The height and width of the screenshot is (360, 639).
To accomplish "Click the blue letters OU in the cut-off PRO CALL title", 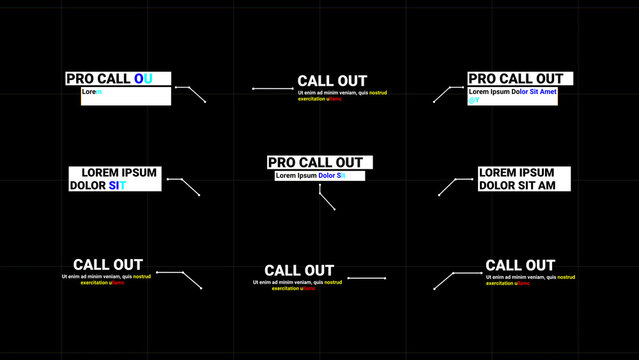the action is (x=144, y=78).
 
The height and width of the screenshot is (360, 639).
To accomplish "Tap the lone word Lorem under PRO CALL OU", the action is (x=91, y=92).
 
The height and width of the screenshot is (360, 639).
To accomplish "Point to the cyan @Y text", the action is (x=474, y=100).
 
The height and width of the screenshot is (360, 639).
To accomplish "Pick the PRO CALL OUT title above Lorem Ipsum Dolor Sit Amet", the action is (x=516, y=79).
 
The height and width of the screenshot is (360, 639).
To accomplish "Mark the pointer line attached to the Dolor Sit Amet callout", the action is (x=443, y=94).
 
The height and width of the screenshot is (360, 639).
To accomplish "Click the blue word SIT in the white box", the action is (x=118, y=185).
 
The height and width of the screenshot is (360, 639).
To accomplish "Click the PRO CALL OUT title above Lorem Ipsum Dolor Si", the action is (x=316, y=162).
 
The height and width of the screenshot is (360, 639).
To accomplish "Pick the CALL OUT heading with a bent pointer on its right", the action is (x=108, y=265).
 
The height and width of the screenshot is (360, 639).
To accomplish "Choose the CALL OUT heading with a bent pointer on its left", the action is (x=520, y=265).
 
